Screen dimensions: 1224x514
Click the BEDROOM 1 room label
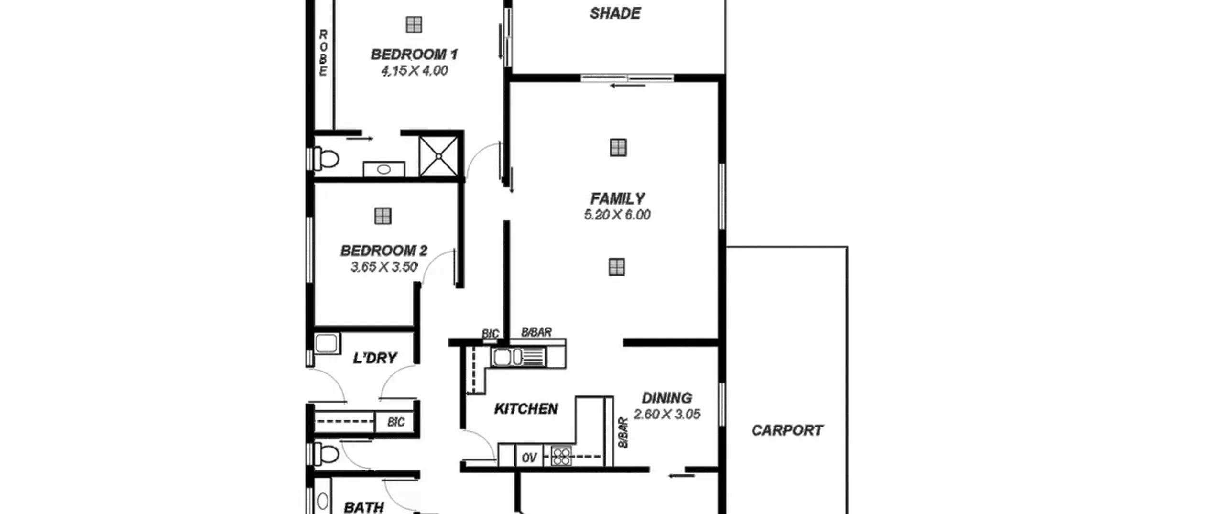(414, 55)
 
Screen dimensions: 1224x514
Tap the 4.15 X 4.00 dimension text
(414, 71)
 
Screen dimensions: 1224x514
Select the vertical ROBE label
(323, 53)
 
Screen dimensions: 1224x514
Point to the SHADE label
(615, 13)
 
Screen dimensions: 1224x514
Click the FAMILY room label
(617, 198)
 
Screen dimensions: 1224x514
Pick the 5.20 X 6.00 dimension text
(617, 215)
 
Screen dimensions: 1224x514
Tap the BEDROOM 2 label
(383, 251)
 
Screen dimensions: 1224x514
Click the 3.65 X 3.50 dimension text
(384, 267)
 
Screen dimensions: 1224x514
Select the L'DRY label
(375, 358)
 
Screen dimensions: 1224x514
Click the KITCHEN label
(526, 409)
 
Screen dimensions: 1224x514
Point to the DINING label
(667, 398)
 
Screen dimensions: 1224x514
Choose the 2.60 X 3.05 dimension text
(667, 414)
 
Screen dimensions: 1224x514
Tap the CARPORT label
(787, 430)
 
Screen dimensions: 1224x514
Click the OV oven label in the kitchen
(529, 458)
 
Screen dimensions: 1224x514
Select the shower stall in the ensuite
(438, 156)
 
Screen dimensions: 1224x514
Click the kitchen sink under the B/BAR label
(518, 357)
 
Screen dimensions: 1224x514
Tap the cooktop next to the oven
(561, 456)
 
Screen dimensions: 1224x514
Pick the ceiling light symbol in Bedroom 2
(383, 216)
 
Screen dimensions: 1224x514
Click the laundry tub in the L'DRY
(327, 344)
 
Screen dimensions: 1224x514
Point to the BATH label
(364, 507)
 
